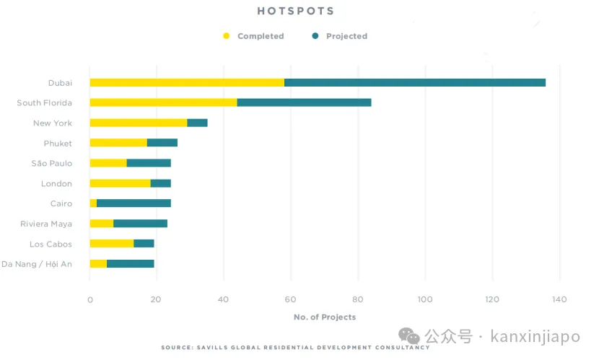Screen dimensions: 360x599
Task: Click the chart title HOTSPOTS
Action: pyautogui.click(x=296, y=12)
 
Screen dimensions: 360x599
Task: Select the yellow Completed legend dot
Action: pyautogui.click(x=226, y=36)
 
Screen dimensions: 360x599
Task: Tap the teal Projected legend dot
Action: pyautogui.click(x=315, y=36)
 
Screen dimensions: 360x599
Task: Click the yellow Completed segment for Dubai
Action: pyautogui.click(x=186, y=82)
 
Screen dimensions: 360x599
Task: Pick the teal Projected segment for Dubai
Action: pyautogui.click(x=415, y=82)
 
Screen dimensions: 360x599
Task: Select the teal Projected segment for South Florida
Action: pyautogui.click(x=304, y=102)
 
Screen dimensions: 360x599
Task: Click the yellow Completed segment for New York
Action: pyautogui.click(x=138, y=123)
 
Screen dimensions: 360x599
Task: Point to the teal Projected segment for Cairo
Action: pyautogui.click(x=134, y=203)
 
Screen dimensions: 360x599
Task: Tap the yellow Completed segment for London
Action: pyautogui.click(x=120, y=183)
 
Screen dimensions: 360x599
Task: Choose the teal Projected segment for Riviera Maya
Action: pyautogui.click(x=140, y=224)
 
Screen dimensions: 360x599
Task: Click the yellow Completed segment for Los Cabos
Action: pyautogui.click(x=111, y=244)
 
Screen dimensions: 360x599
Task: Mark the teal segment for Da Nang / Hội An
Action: pyautogui.click(x=130, y=264)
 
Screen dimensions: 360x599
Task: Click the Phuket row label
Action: pyautogui.click(x=58, y=144)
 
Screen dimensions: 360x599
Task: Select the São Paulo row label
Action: pyautogui.click(x=52, y=164)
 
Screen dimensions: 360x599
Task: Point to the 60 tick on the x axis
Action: pyautogui.click(x=291, y=299)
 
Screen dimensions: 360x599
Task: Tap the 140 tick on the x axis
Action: pyautogui.click(x=559, y=299)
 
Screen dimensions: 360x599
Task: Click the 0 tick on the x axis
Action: pyautogui.click(x=89, y=299)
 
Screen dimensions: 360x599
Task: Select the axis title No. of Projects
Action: pyautogui.click(x=324, y=317)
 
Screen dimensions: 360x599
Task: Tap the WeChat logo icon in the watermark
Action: pyautogui.click(x=410, y=336)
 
